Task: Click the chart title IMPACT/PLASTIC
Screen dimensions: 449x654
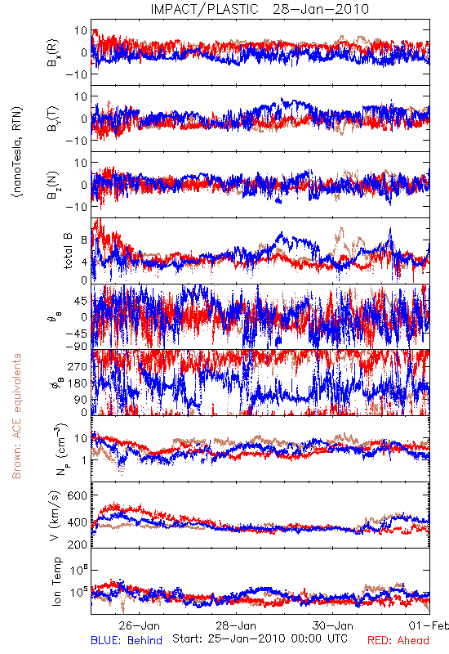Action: click(205, 9)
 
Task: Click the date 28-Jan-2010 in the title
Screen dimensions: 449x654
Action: click(321, 9)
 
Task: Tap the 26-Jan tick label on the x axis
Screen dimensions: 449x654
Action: click(139, 625)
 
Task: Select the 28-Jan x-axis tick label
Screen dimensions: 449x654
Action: click(236, 625)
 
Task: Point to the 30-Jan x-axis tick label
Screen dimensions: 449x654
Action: click(333, 625)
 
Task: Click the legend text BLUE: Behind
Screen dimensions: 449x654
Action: click(127, 640)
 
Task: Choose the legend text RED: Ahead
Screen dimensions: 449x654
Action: click(398, 640)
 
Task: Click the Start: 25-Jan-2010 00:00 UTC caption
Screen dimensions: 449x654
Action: click(260, 638)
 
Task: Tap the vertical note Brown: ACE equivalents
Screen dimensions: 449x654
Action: click(16, 416)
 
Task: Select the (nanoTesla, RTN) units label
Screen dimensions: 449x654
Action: click(17, 152)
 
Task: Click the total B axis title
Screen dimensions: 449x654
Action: click(68, 251)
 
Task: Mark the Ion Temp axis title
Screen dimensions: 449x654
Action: click(56, 581)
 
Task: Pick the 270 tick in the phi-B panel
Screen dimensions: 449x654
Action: click(78, 366)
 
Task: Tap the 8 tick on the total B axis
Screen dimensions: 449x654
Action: click(84, 240)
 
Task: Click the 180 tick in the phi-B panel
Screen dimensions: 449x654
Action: click(78, 383)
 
